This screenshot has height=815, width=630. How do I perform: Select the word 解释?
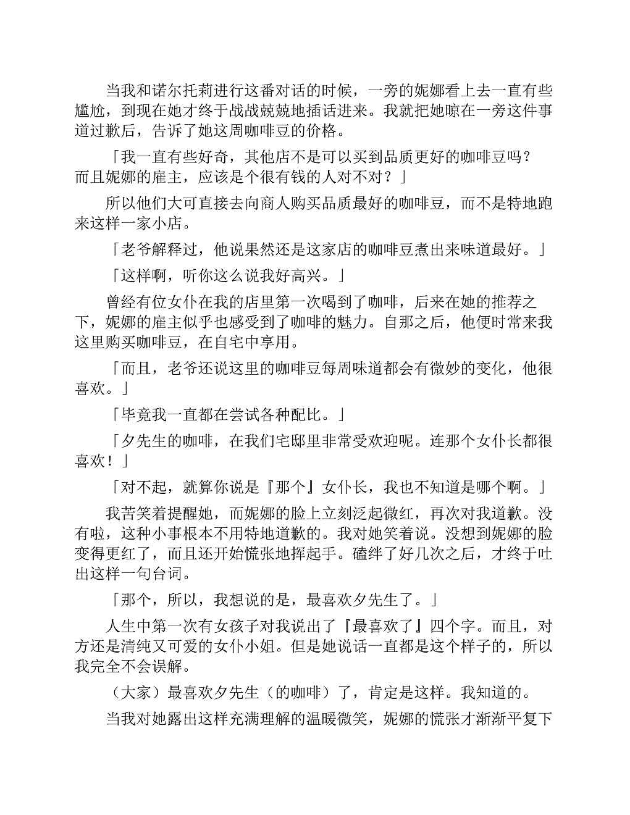(167, 249)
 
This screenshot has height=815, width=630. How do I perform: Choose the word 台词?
(167, 574)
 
